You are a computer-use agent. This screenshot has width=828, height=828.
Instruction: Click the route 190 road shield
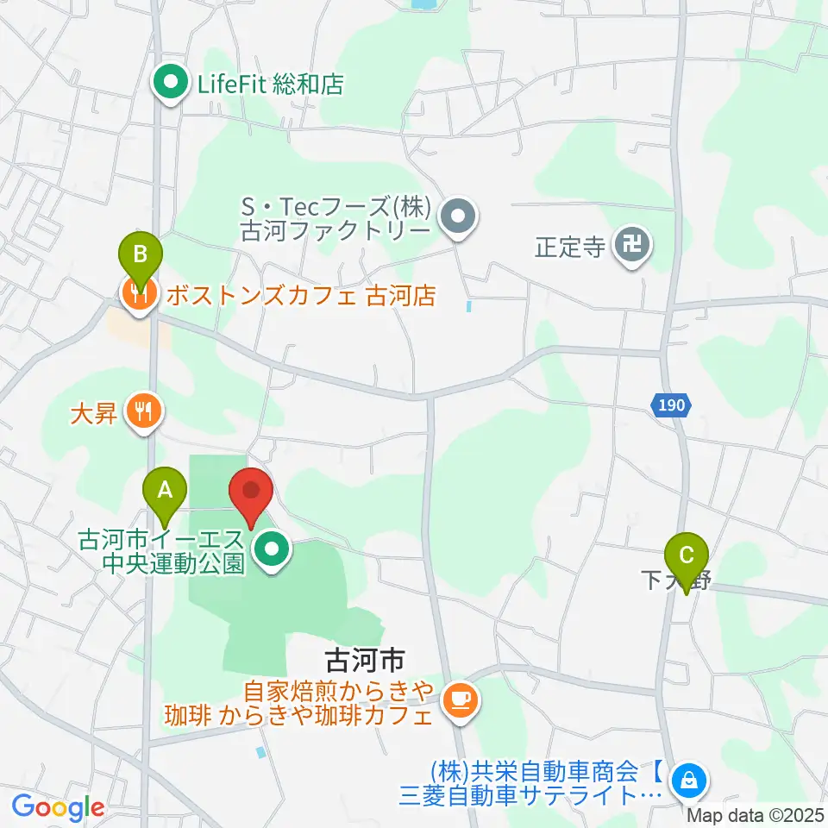point(670,404)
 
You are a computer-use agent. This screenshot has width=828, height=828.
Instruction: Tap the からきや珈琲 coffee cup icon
point(459,698)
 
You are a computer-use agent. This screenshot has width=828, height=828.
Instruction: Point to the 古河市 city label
point(364,662)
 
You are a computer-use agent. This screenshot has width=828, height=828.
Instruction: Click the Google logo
point(58,807)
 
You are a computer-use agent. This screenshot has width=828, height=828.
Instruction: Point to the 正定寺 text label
point(568,248)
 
